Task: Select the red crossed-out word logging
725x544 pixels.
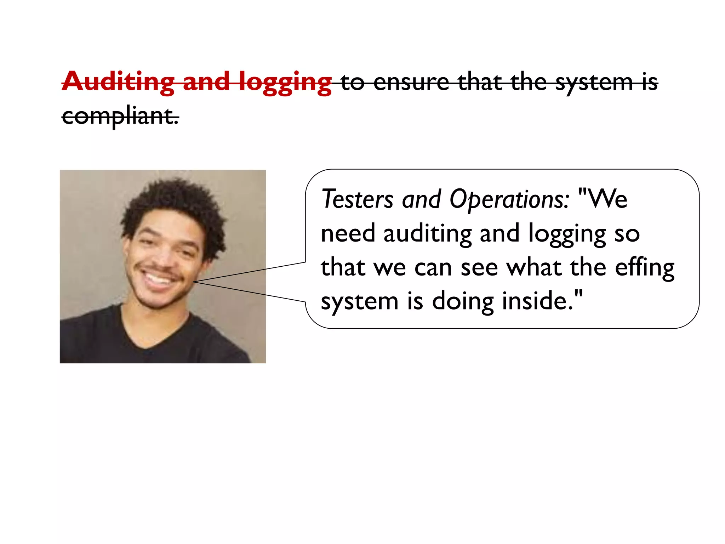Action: click(285, 83)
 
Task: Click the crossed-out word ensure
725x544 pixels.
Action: click(411, 82)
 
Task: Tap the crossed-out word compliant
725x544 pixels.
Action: click(120, 116)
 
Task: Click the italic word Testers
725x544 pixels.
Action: click(357, 199)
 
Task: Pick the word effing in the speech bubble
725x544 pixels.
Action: click(644, 268)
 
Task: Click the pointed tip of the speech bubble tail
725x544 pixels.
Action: click(194, 282)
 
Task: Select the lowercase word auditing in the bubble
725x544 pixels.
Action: click(427, 234)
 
